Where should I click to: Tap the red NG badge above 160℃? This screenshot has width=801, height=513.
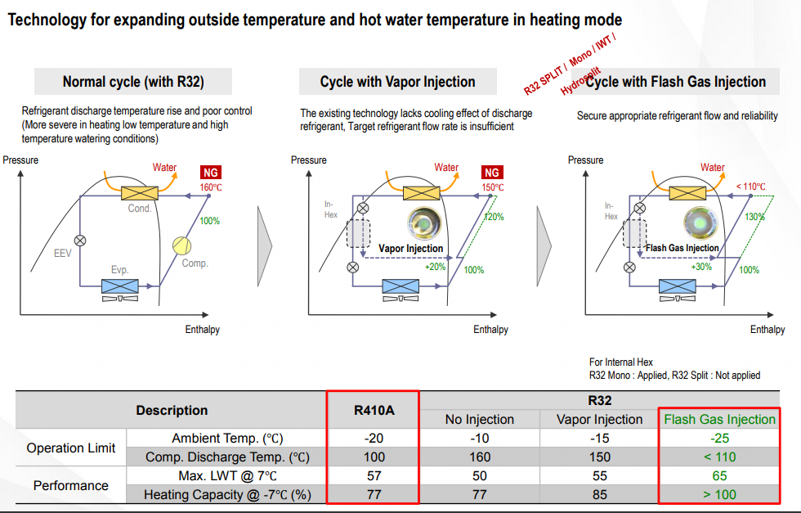tap(211, 173)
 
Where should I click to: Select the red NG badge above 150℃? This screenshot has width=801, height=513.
tap(491, 173)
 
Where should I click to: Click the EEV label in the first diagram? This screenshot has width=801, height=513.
tap(63, 254)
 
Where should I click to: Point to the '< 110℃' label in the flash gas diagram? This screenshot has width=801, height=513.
tap(750, 187)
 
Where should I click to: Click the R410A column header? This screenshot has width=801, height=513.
tap(374, 410)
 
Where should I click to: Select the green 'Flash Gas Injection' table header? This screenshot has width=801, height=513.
tap(719, 419)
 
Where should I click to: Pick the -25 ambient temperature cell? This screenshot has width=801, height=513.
tap(719, 438)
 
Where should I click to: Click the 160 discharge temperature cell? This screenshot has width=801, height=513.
tap(479, 457)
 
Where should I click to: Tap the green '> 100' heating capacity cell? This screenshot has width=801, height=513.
tap(719, 494)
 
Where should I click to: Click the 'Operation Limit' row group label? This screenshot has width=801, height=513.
tap(71, 448)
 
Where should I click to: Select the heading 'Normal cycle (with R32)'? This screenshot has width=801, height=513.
tap(133, 82)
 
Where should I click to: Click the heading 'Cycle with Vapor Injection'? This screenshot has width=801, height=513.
tap(397, 82)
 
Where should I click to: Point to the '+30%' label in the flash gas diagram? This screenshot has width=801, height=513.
tap(701, 267)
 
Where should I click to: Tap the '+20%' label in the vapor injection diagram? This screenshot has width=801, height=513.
tap(436, 267)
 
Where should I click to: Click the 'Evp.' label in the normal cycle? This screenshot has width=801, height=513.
tap(120, 269)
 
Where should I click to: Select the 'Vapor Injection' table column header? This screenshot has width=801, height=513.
tap(599, 419)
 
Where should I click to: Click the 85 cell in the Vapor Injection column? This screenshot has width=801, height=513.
tap(599, 494)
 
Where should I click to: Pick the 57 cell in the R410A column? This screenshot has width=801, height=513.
tap(374, 475)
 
